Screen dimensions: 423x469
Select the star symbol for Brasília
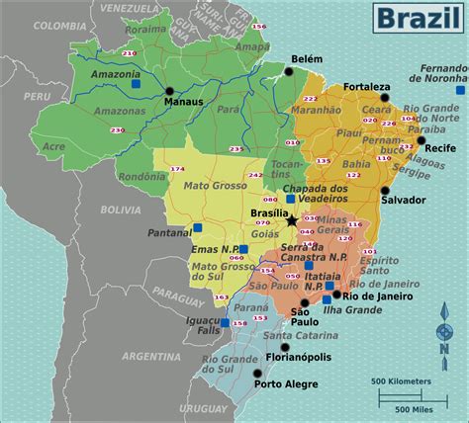point(291,218)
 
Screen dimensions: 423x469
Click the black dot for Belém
point(289,71)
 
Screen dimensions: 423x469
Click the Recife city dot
point(421,139)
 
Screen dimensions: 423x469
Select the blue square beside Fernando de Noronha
point(458,90)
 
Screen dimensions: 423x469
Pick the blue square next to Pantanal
point(198,228)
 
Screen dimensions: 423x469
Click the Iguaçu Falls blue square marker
point(226,322)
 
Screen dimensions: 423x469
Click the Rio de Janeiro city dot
point(337,294)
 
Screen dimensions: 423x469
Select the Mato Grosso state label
point(207,184)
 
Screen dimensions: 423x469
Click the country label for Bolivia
point(120,210)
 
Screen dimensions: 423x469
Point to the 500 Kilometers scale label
point(401,381)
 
